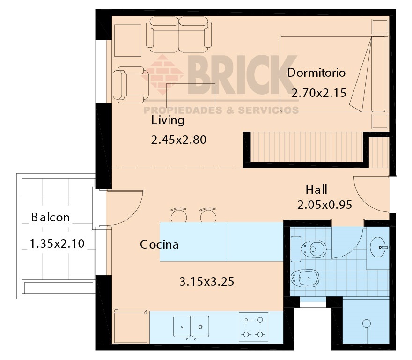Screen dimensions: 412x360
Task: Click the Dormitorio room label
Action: [x=316, y=73]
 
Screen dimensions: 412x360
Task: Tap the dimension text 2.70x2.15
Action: [x=319, y=93]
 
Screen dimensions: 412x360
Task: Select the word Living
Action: [x=168, y=121]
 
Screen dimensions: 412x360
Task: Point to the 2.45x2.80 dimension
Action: [x=179, y=140]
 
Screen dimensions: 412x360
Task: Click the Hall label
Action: [x=316, y=190]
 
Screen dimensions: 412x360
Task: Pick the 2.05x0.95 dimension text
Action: [x=325, y=205]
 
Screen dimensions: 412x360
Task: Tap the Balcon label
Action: [x=51, y=217]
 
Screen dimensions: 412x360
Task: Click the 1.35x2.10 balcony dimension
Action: [x=57, y=243]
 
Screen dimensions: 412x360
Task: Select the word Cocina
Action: [x=159, y=245]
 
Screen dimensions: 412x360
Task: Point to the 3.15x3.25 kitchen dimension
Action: [x=207, y=282]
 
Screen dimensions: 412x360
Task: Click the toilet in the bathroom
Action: [x=309, y=249]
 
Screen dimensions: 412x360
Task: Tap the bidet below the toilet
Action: [x=305, y=278]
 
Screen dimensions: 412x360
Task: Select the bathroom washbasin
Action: [x=378, y=247]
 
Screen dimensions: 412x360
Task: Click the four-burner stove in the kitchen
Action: [x=253, y=327]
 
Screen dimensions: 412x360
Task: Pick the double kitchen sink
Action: [x=191, y=326]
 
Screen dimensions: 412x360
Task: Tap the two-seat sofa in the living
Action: [x=179, y=35]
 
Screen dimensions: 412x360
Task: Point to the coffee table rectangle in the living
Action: [x=191, y=96]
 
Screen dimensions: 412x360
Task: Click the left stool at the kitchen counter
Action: [x=179, y=215]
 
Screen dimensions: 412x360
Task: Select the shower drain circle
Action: [x=366, y=323]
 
